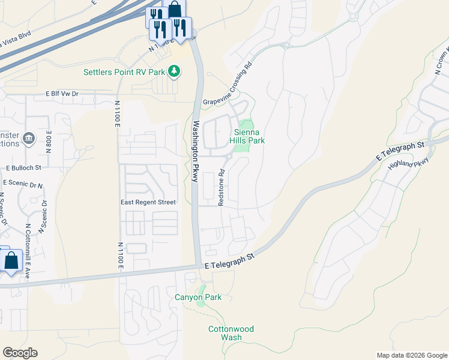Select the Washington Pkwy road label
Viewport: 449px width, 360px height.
[196, 151]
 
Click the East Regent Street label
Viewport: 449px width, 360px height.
[148, 202]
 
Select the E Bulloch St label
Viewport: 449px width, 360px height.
[23, 169]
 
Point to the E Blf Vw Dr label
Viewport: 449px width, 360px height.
[62, 94]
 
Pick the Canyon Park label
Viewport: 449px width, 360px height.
[198, 297]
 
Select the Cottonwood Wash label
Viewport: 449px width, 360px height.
[231, 333]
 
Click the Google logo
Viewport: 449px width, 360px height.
[20, 353]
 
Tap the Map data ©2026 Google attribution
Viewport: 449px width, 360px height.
[411, 355]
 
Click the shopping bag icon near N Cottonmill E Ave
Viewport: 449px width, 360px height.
[11, 261]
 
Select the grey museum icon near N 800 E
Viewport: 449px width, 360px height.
[28, 140]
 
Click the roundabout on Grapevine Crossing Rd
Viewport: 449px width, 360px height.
[286, 46]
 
